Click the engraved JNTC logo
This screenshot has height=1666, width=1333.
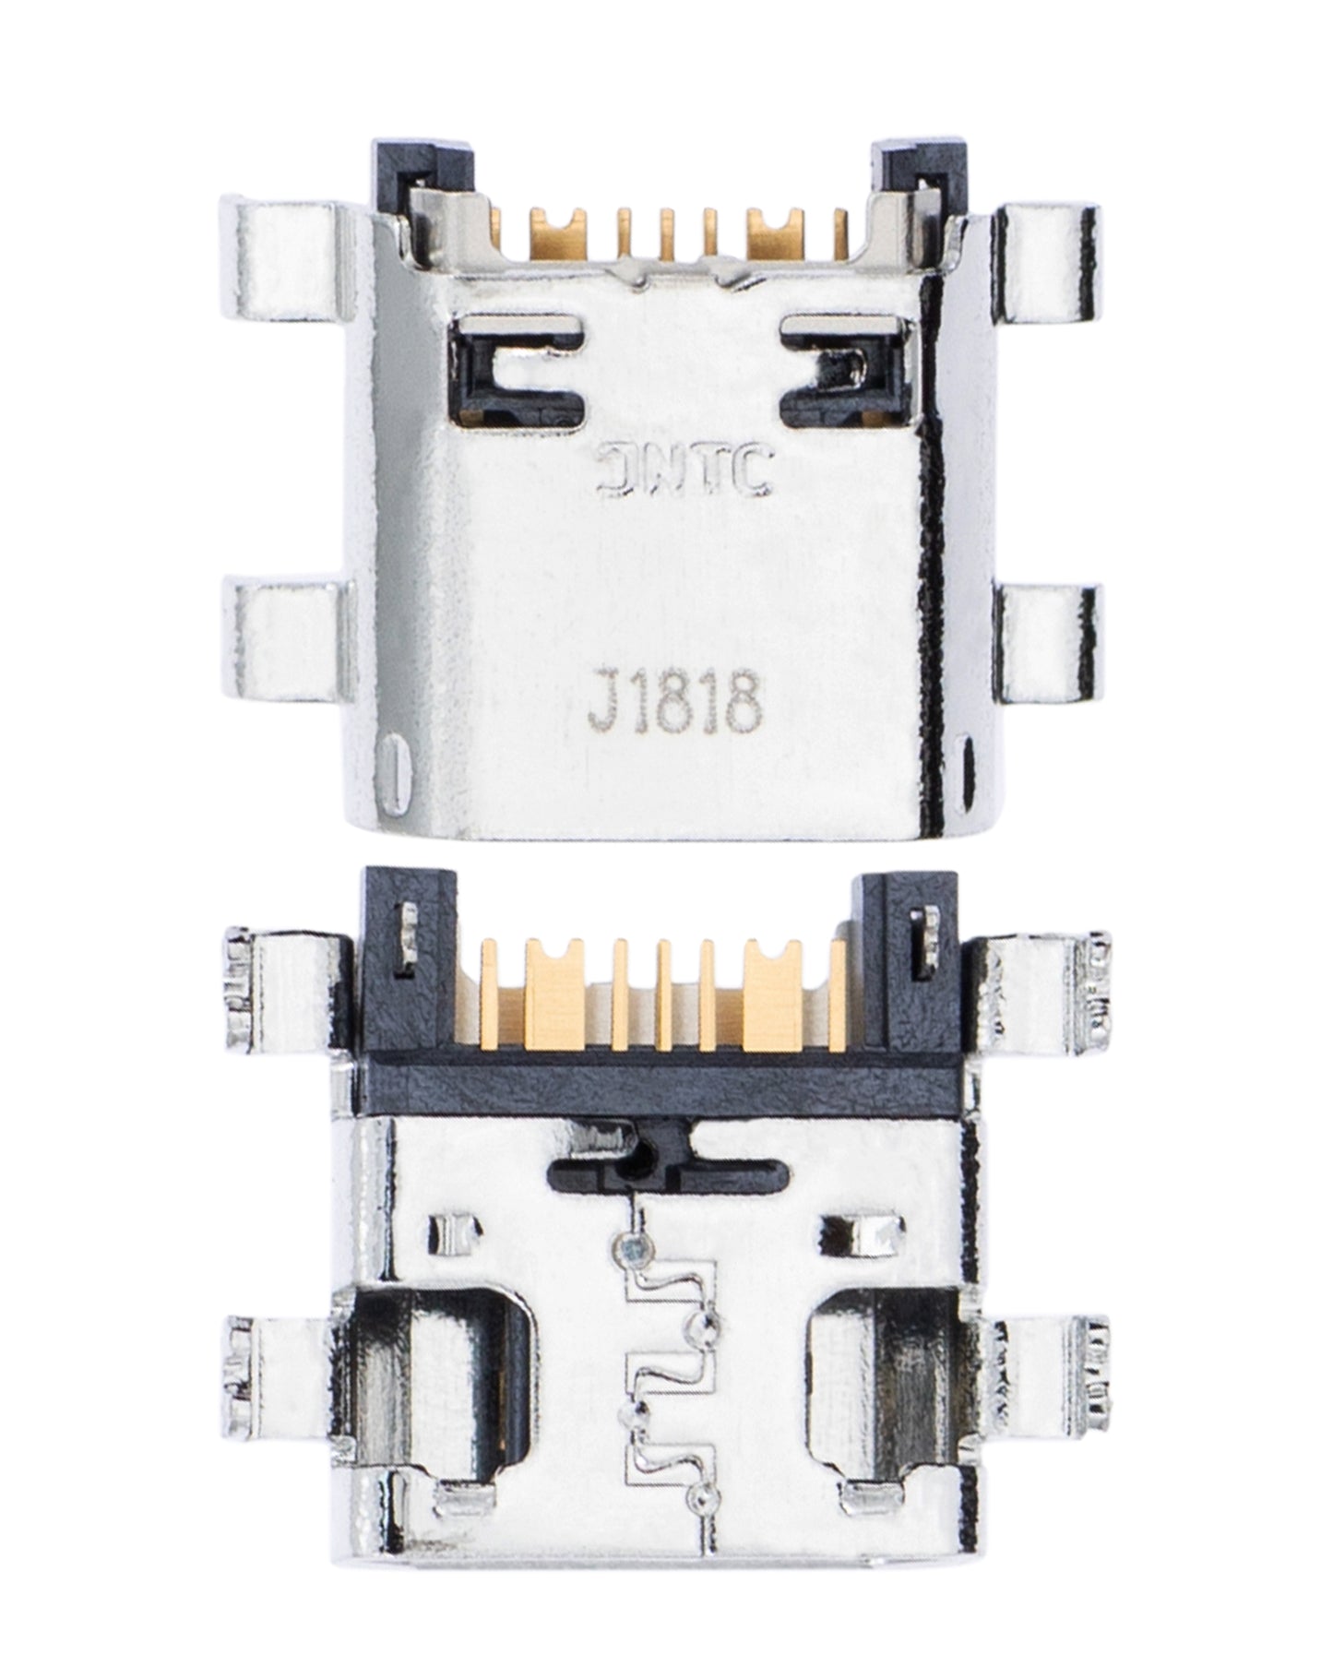(x=684, y=471)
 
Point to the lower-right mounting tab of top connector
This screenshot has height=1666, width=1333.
(x=1052, y=642)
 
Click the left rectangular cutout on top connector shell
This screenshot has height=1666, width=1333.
(x=518, y=366)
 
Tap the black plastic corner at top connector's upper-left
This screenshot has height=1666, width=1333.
(x=422, y=173)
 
